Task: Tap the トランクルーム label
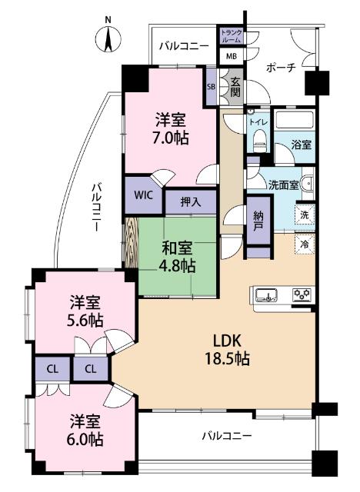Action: coord(230,35)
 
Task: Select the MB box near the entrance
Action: coord(230,56)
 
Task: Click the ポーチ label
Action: coord(280,68)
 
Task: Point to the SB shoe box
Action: coord(211,86)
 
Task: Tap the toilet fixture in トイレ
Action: coord(258,138)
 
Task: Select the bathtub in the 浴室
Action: coord(295,121)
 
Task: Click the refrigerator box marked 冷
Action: coord(305,245)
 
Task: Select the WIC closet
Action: coord(144,195)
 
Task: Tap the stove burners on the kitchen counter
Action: coord(302,294)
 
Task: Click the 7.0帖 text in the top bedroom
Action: coord(171,138)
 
